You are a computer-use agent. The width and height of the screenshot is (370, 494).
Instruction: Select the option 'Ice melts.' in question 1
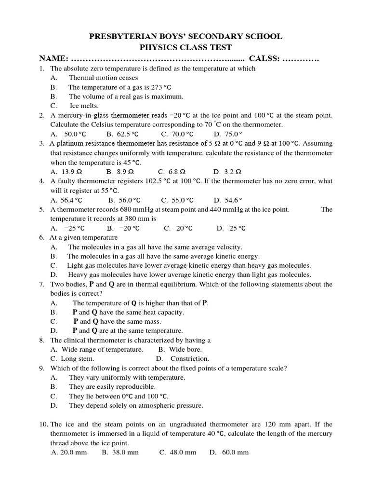point(84,106)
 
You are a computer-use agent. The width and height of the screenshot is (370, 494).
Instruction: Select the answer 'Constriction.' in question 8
point(190,359)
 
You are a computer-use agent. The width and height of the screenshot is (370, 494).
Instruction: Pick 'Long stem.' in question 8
point(78,359)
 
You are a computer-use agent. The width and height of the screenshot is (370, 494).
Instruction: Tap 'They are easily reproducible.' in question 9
point(112,387)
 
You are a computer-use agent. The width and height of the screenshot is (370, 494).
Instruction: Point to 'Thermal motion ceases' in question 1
point(103,78)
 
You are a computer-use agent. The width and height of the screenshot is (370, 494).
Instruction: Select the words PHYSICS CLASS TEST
point(185,47)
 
